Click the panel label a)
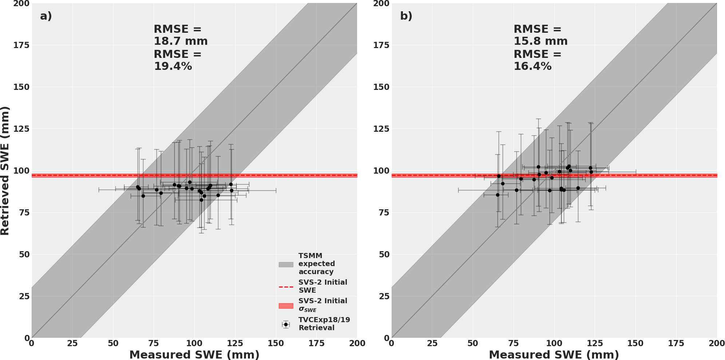click(x=46, y=16)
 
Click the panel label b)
click(x=406, y=16)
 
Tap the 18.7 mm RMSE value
click(x=181, y=41)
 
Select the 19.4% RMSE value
click(x=173, y=66)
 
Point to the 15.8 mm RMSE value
click(x=540, y=41)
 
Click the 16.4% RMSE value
click(x=532, y=66)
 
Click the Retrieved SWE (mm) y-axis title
click(x=5, y=171)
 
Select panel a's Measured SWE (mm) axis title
click(x=194, y=355)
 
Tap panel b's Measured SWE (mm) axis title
click(x=554, y=355)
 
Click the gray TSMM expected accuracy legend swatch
click(x=286, y=264)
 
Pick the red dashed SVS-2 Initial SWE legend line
click(x=286, y=287)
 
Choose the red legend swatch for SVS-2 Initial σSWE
click(x=286, y=306)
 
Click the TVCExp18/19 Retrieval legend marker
click(x=286, y=324)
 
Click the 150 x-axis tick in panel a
click(x=276, y=343)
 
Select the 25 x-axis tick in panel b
click(x=432, y=343)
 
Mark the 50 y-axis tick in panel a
click(x=24, y=254)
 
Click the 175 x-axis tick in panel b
click(x=676, y=343)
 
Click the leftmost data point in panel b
click(x=498, y=195)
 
